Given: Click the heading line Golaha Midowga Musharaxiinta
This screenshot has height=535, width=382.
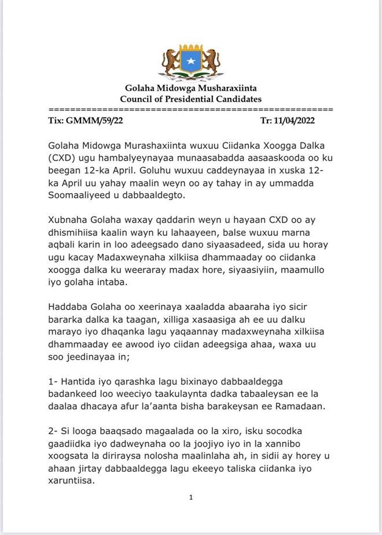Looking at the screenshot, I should tap(190, 88).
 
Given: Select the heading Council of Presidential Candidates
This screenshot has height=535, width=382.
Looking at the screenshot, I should tap(190, 99).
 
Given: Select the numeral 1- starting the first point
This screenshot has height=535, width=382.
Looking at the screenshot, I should tap(53, 384).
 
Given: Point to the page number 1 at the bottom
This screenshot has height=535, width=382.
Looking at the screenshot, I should tap(190, 497).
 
